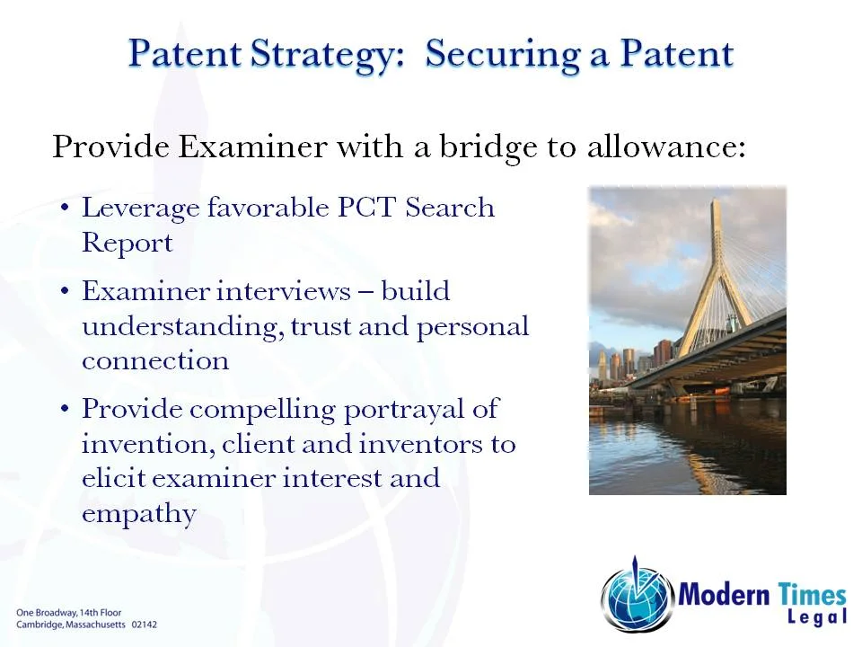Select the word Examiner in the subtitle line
click(x=252, y=146)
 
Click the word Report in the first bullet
click(x=127, y=243)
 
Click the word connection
click(x=154, y=360)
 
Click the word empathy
click(x=138, y=513)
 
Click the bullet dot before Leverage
click(x=66, y=208)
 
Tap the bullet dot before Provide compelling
click(x=66, y=410)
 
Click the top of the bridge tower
click(x=716, y=205)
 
